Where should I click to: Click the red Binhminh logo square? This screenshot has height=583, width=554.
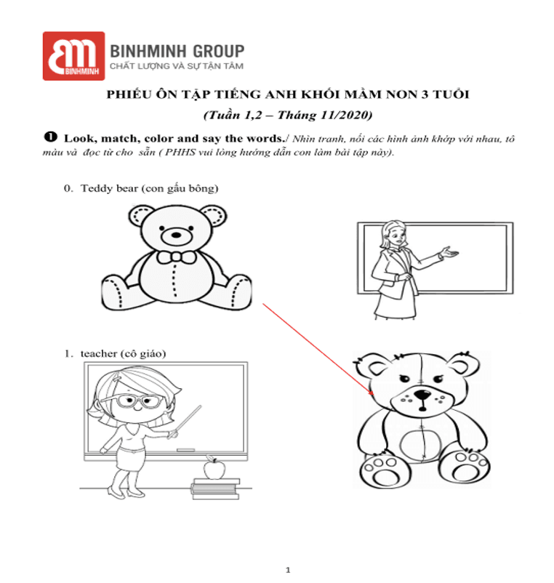[73, 56]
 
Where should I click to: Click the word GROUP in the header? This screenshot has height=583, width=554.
[219, 52]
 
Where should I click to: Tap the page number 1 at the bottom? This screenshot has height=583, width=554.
[288, 570]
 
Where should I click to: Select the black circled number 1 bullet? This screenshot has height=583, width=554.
[51, 137]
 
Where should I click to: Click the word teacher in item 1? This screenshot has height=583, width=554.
[99, 353]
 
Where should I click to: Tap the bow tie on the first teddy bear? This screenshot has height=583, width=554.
[176, 257]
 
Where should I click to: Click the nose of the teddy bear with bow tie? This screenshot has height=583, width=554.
[176, 235]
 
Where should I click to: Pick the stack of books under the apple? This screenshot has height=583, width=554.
[216, 488]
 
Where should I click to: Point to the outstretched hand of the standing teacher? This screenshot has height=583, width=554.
[449, 253]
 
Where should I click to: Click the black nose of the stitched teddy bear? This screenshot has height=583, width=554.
[422, 395]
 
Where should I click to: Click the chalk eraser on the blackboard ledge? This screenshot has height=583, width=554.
[185, 450]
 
